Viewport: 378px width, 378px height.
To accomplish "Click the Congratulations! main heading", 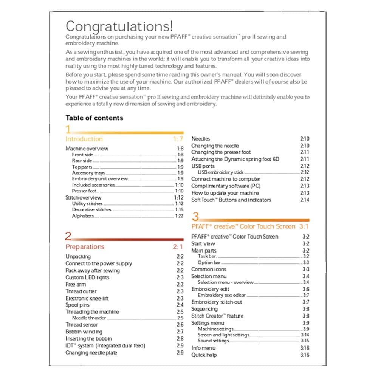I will point(119,26).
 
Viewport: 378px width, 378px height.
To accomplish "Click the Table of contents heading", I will point(94,118).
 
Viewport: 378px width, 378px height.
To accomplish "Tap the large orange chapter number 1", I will point(68,130).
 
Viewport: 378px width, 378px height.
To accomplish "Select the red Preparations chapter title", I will point(85,247).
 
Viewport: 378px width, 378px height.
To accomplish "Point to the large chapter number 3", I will point(195,217).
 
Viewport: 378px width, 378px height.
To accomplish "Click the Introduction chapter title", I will point(84,139).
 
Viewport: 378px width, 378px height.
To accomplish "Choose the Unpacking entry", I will point(78,257).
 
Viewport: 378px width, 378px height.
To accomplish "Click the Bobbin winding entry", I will point(84,332).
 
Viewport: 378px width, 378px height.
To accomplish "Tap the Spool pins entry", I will point(77,305).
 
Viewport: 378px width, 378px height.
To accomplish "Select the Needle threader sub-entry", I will point(89,318).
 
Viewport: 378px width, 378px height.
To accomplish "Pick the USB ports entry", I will point(203,166).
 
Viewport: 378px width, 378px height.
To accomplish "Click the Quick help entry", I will point(204,355).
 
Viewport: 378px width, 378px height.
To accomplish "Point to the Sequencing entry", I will point(204,309).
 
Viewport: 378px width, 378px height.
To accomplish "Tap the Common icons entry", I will point(209,270).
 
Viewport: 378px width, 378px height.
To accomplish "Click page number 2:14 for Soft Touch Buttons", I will point(304,200).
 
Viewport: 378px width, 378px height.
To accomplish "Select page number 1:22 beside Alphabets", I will point(179,216).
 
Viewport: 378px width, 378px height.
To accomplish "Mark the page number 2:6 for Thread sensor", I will point(180,325).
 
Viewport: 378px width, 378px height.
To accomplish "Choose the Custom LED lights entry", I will point(87,277).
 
